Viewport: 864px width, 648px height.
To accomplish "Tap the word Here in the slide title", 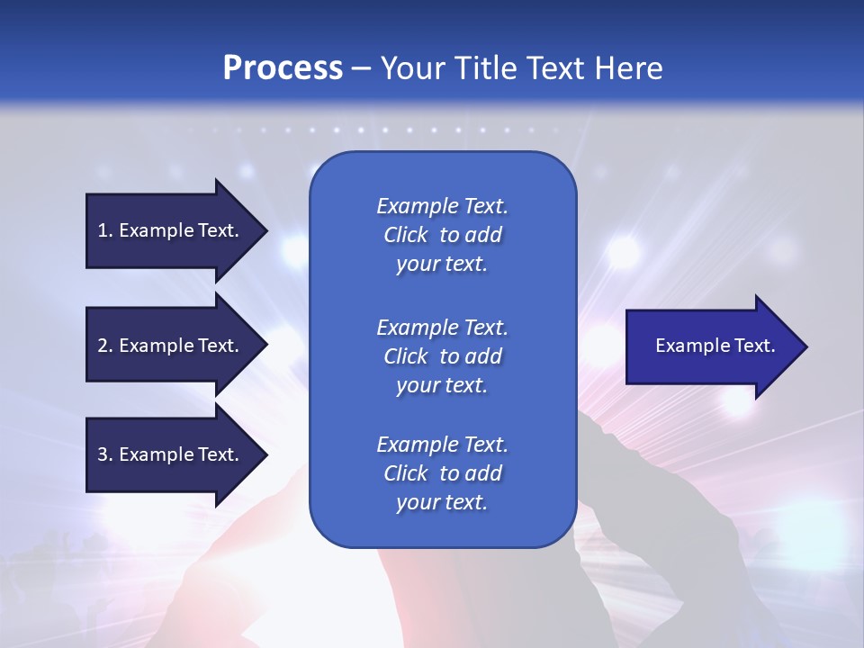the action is [628, 67].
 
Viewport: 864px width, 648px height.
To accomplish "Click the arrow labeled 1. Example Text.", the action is [177, 231].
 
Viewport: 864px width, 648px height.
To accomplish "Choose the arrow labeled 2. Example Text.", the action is [177, 345].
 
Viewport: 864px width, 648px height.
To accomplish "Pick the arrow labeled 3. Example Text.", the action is [177, 455].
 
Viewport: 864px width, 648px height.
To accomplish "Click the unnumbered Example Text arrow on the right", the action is [717, 346].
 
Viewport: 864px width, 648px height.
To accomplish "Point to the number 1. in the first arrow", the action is [105, 230].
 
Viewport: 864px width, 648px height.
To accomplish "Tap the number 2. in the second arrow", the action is [105, 346].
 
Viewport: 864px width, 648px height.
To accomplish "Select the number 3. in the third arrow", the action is [105, 454].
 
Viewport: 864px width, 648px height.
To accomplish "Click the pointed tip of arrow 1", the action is [268, 231].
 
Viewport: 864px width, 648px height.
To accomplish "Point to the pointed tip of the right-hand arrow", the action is [808, 346].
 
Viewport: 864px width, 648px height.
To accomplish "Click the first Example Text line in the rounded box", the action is [443, 206].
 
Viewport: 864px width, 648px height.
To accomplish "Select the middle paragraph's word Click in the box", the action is [406, 356].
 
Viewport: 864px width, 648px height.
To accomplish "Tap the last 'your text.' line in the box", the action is [442, 502].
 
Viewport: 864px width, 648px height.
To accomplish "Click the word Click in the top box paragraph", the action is [406, 235].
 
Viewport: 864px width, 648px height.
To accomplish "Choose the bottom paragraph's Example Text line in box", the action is [443, 445].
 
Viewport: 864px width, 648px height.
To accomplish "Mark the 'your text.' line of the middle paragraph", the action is [442, 386].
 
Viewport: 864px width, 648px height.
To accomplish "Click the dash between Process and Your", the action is [362, 70].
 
